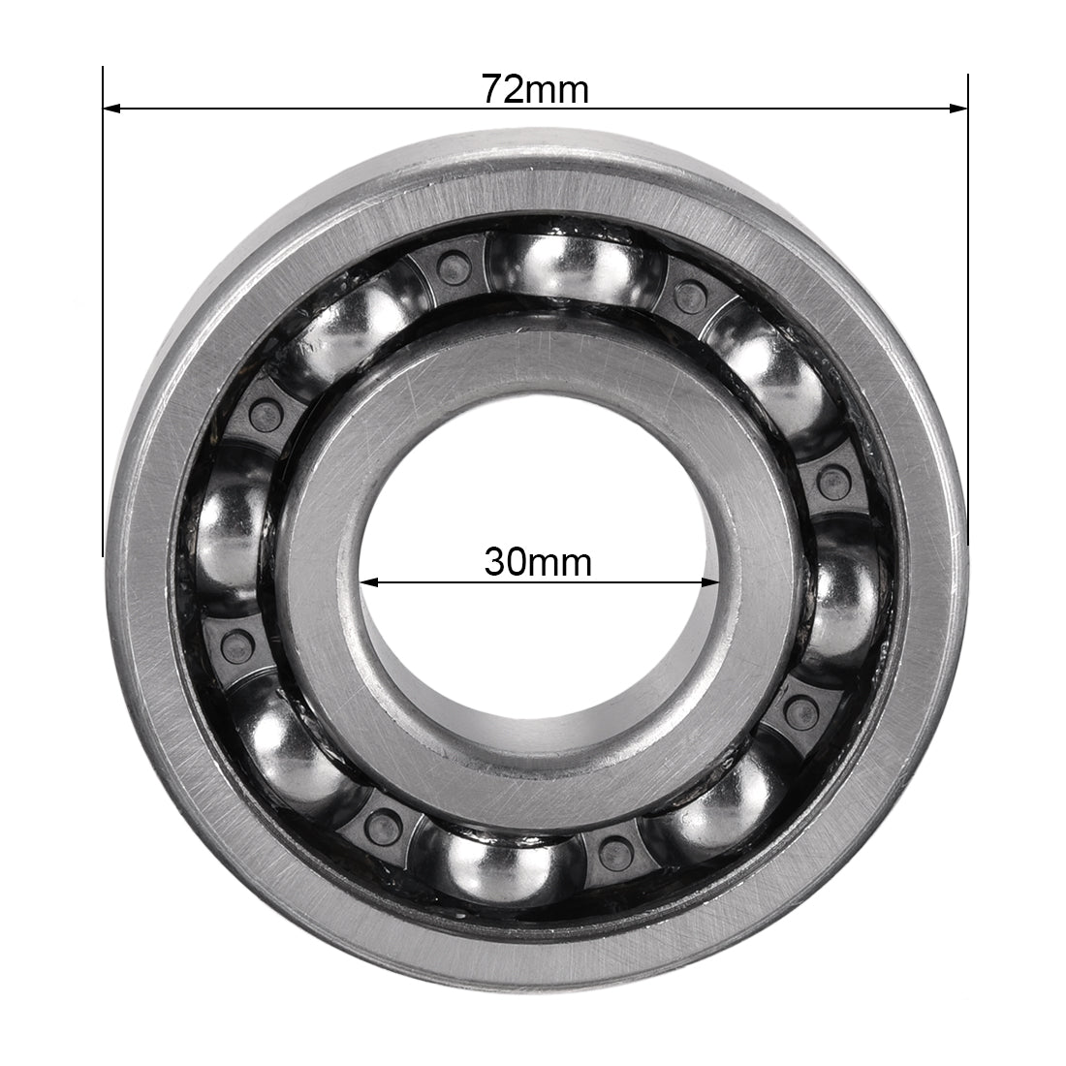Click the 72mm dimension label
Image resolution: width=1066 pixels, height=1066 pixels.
tap(535, 89)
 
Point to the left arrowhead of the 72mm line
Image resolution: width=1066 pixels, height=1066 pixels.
tap(110, 109)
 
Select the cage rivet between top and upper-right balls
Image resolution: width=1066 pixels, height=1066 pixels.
tap(690, 287)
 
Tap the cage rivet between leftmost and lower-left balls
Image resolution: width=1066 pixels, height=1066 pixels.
tap(234, 641)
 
